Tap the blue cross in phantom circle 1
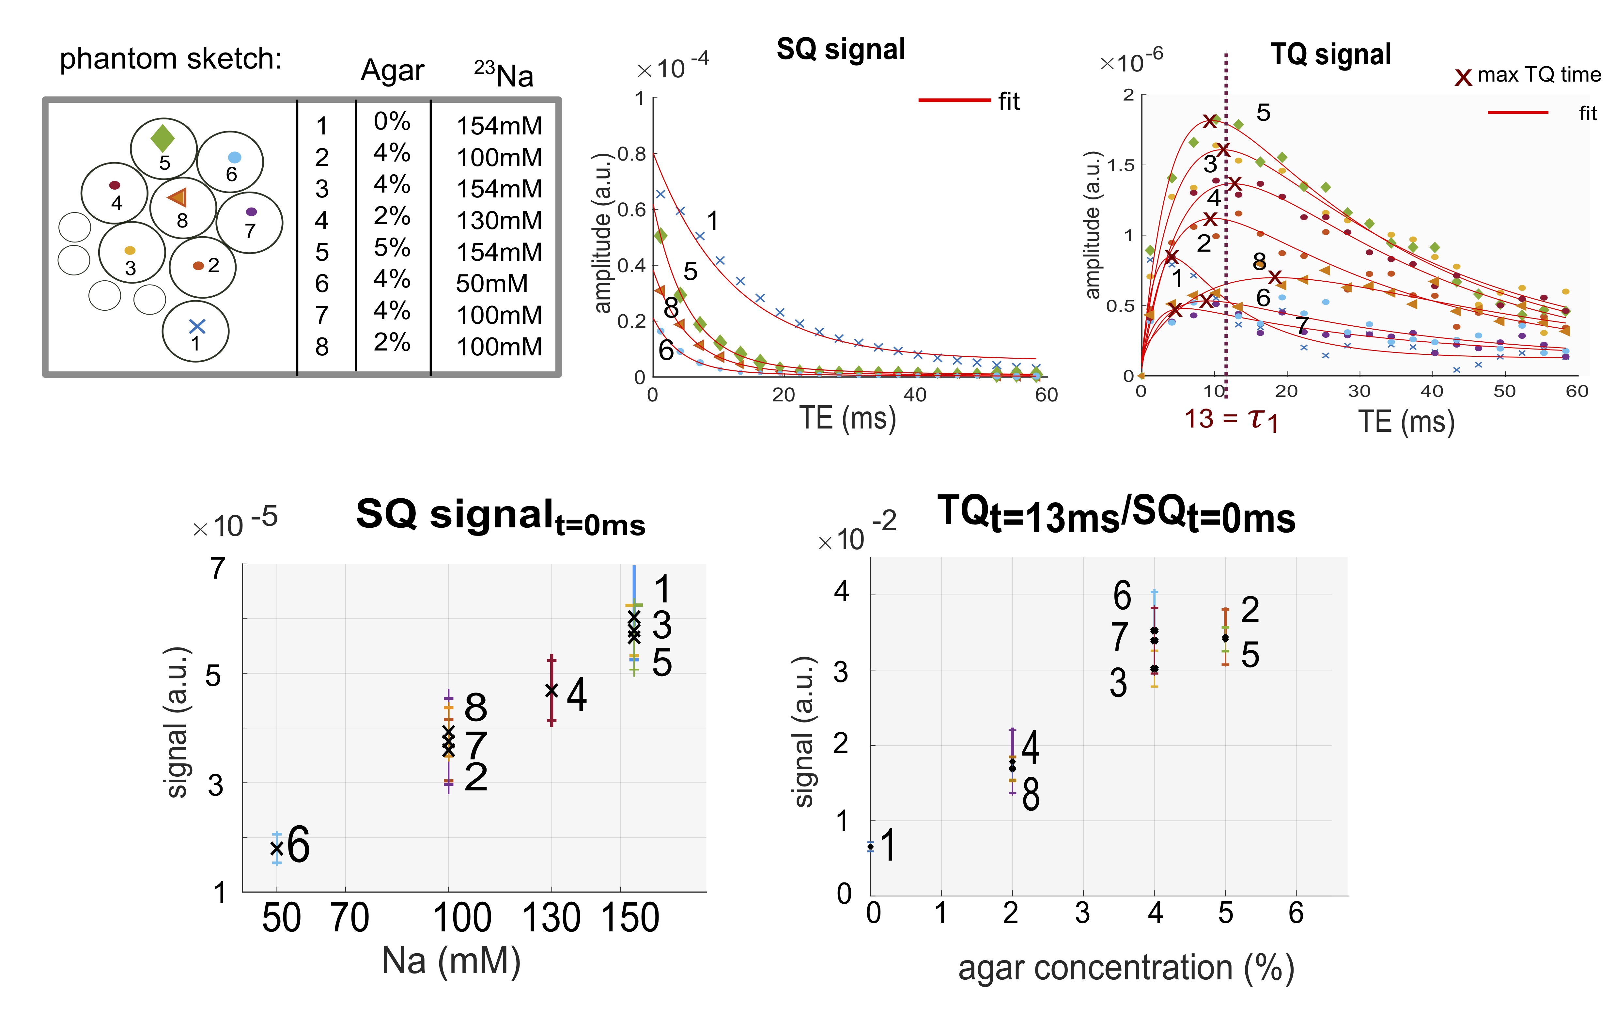pyautogui.click(x=196, y=327)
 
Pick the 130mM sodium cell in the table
pyautogui.click(x=499, y=221)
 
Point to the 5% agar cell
pyautogui.click(x=392, y=248)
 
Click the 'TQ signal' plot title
pyautogui.click(x=1331, y=54)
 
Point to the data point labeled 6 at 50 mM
pyautogui.click(x=276, y=848)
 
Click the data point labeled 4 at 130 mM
pyautogui.click(x=551, y=690)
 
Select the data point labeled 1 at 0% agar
pyautogui.click(x=871, y=847)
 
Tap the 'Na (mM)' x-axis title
pyautogui.click(x=451, y=961)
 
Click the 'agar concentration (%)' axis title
pyautogui.click(x=1126, y=968)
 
